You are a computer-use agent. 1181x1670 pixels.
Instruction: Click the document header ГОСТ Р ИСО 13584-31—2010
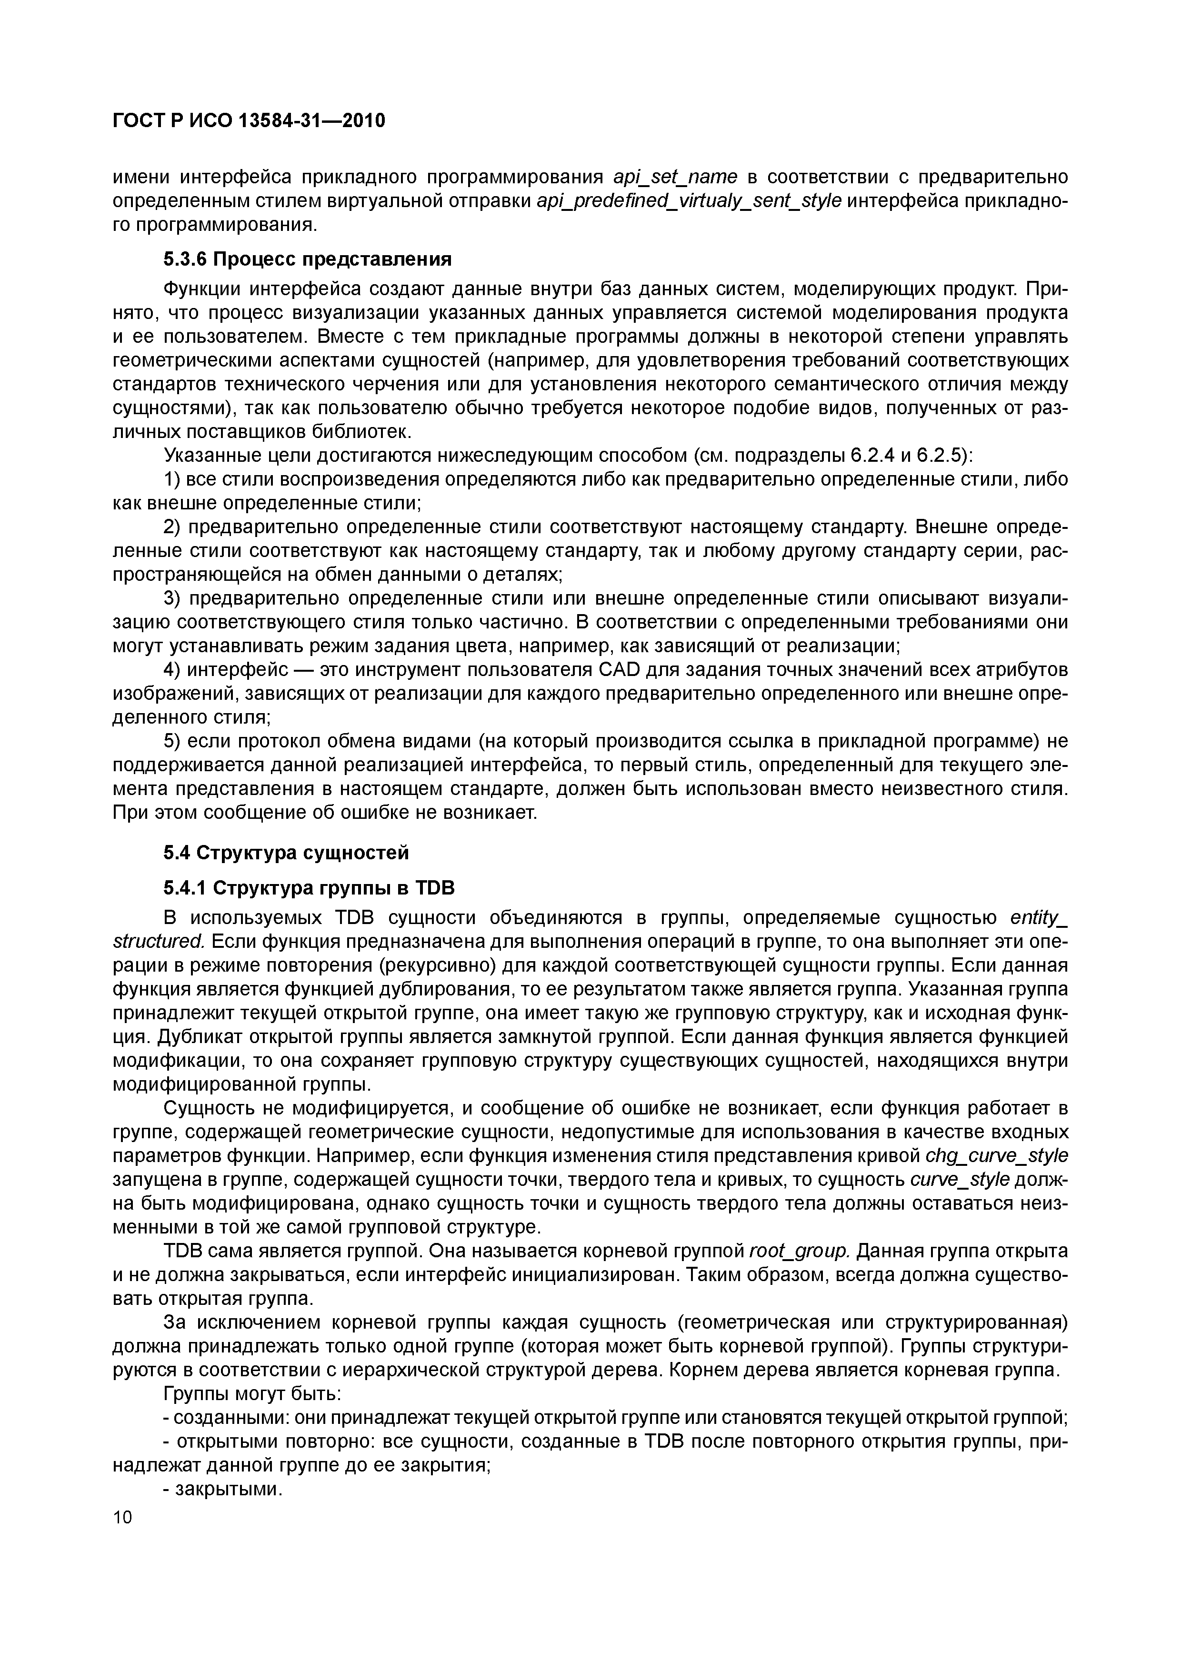(249, 121)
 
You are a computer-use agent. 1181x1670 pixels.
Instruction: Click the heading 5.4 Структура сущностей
(286, 853)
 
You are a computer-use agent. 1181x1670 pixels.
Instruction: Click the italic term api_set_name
(675, 177)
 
